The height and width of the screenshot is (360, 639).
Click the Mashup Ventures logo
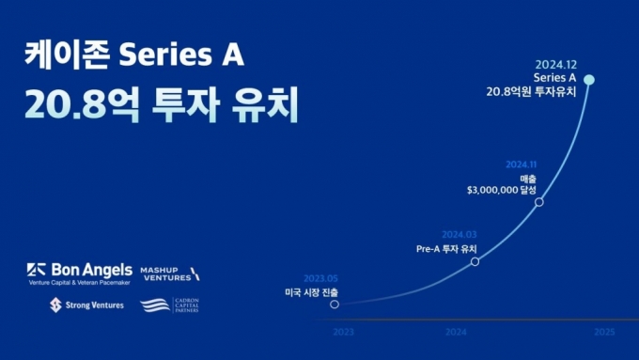[170, 273]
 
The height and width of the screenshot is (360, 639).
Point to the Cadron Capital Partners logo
[169, 305]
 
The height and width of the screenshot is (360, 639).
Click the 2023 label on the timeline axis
[344, 333]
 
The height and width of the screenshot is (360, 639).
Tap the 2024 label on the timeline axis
[456, 333]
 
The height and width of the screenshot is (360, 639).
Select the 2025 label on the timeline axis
[604, 333]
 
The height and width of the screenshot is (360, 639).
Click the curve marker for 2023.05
[335, 305]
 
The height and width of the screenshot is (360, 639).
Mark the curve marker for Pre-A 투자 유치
[475, 260]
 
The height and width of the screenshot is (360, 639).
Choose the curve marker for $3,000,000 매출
[538, 201]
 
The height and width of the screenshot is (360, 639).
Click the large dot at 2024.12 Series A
[589, 80]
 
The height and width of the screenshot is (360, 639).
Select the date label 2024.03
[460, 234]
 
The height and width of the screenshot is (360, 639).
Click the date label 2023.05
[320, 278]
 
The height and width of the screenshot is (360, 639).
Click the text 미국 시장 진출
[311, 292]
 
